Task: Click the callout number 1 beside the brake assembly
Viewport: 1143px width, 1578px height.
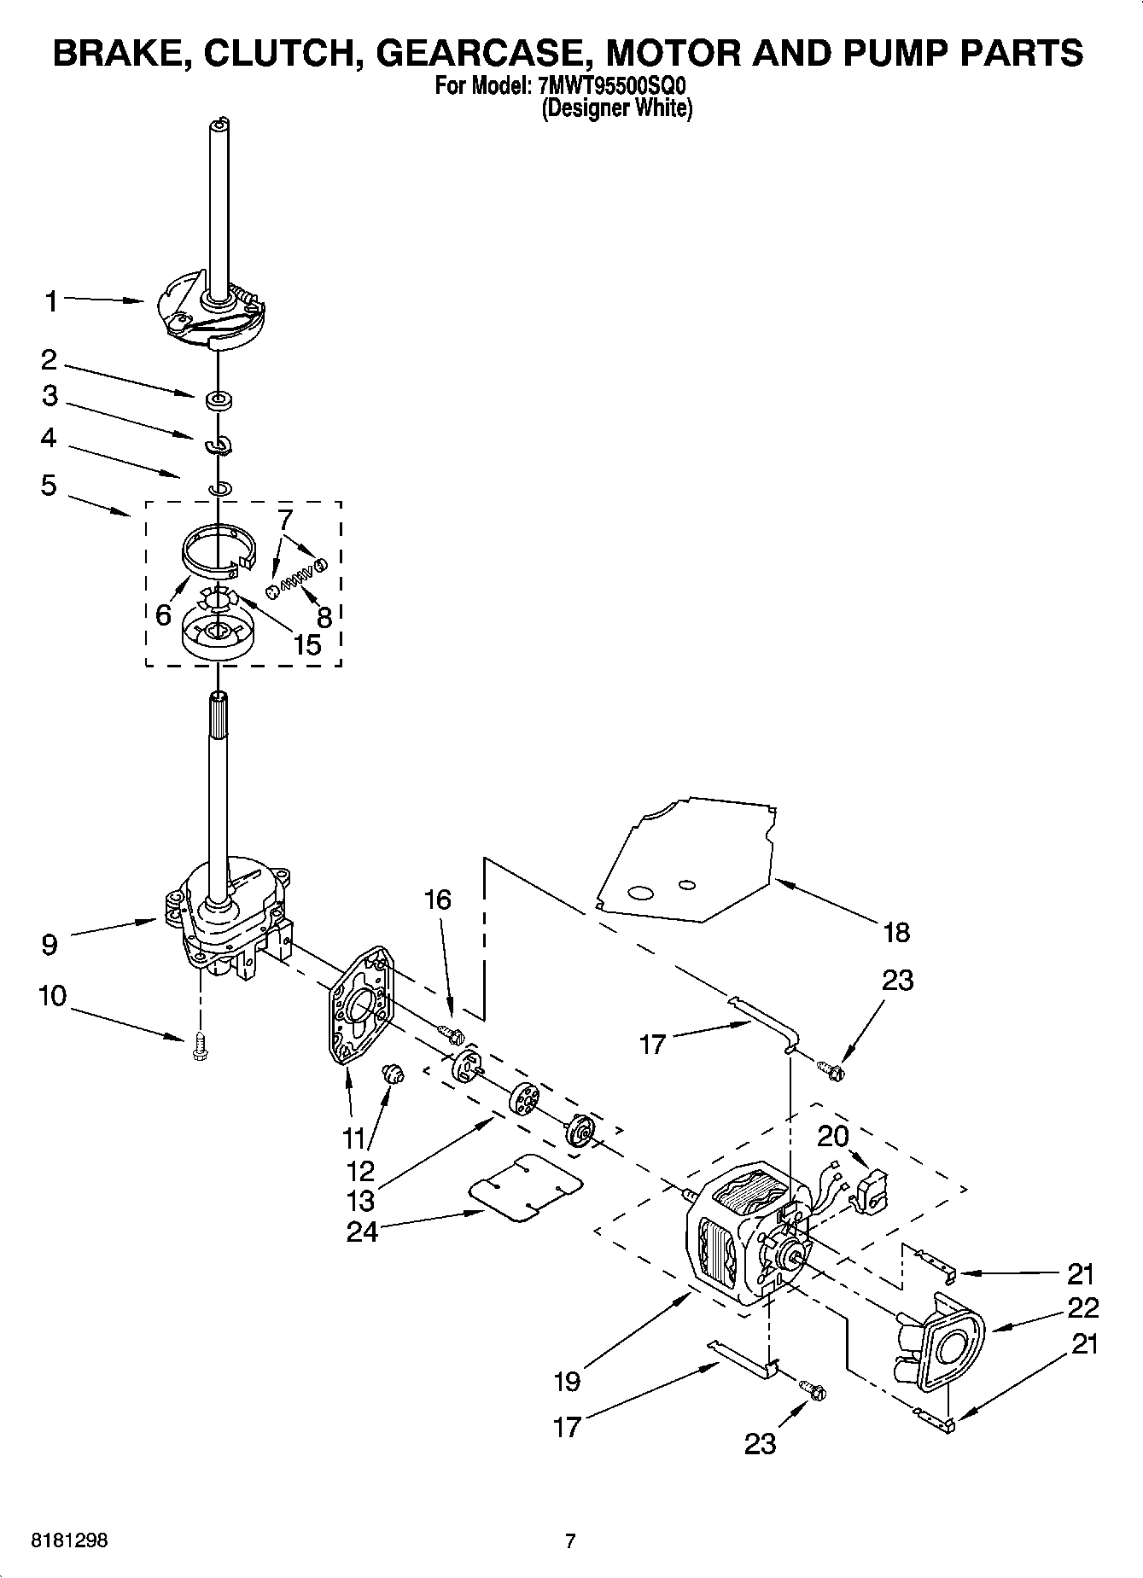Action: click(x=51, y=301)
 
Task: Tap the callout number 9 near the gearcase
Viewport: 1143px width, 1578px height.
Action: click(x=50, y=945)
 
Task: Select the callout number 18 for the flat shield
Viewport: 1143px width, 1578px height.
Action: click(x=896, y=932)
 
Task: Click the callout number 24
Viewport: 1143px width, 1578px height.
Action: click(x=362, y=1232)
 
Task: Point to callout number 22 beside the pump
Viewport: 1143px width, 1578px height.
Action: click(x=1082, y=1307)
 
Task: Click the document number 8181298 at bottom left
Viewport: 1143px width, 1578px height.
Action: click(x=69, y=1540)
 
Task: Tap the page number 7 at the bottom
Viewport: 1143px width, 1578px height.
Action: click(x=570, y=1540)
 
